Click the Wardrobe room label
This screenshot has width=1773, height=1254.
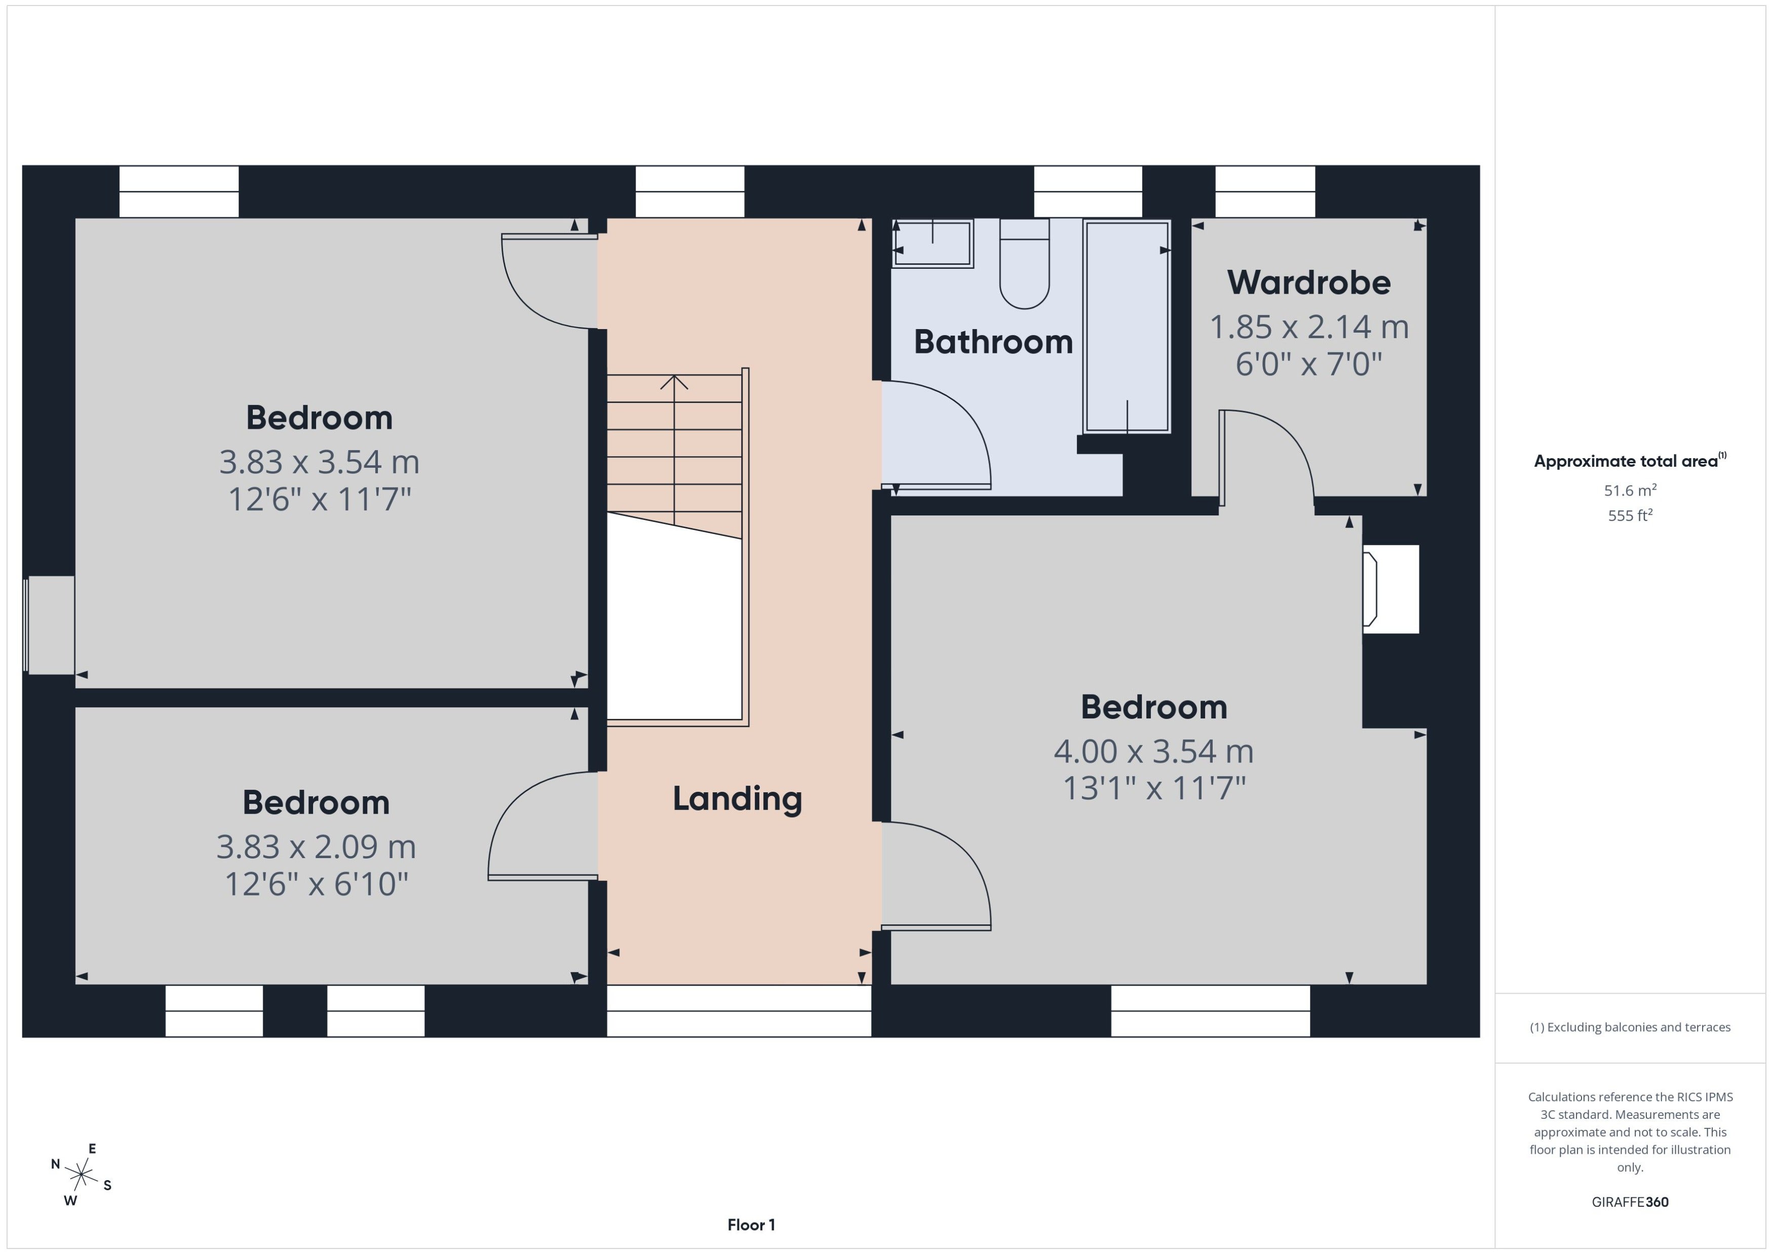coord(1308,282)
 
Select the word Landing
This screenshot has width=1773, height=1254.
coord(737,798)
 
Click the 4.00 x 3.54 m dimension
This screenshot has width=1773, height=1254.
coord(1153,751)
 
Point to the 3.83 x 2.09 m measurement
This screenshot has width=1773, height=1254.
coord(316,846)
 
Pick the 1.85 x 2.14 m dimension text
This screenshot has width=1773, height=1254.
coord(1308,327)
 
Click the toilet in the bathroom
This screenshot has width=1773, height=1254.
coord(1024,263)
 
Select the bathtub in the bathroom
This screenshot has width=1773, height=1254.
coord(1127,326)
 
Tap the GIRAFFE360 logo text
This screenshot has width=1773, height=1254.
coord(1630,1201)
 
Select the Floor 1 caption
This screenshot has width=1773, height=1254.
coord(751,1225)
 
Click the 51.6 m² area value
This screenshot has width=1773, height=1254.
coord(1630,491)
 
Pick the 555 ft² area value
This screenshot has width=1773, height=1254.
coord(1630,515)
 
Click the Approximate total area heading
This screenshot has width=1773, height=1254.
coord(1630,461)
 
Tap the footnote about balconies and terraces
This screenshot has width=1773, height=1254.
coord(1630,1027)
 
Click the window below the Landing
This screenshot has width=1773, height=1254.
coord(739,1011)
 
